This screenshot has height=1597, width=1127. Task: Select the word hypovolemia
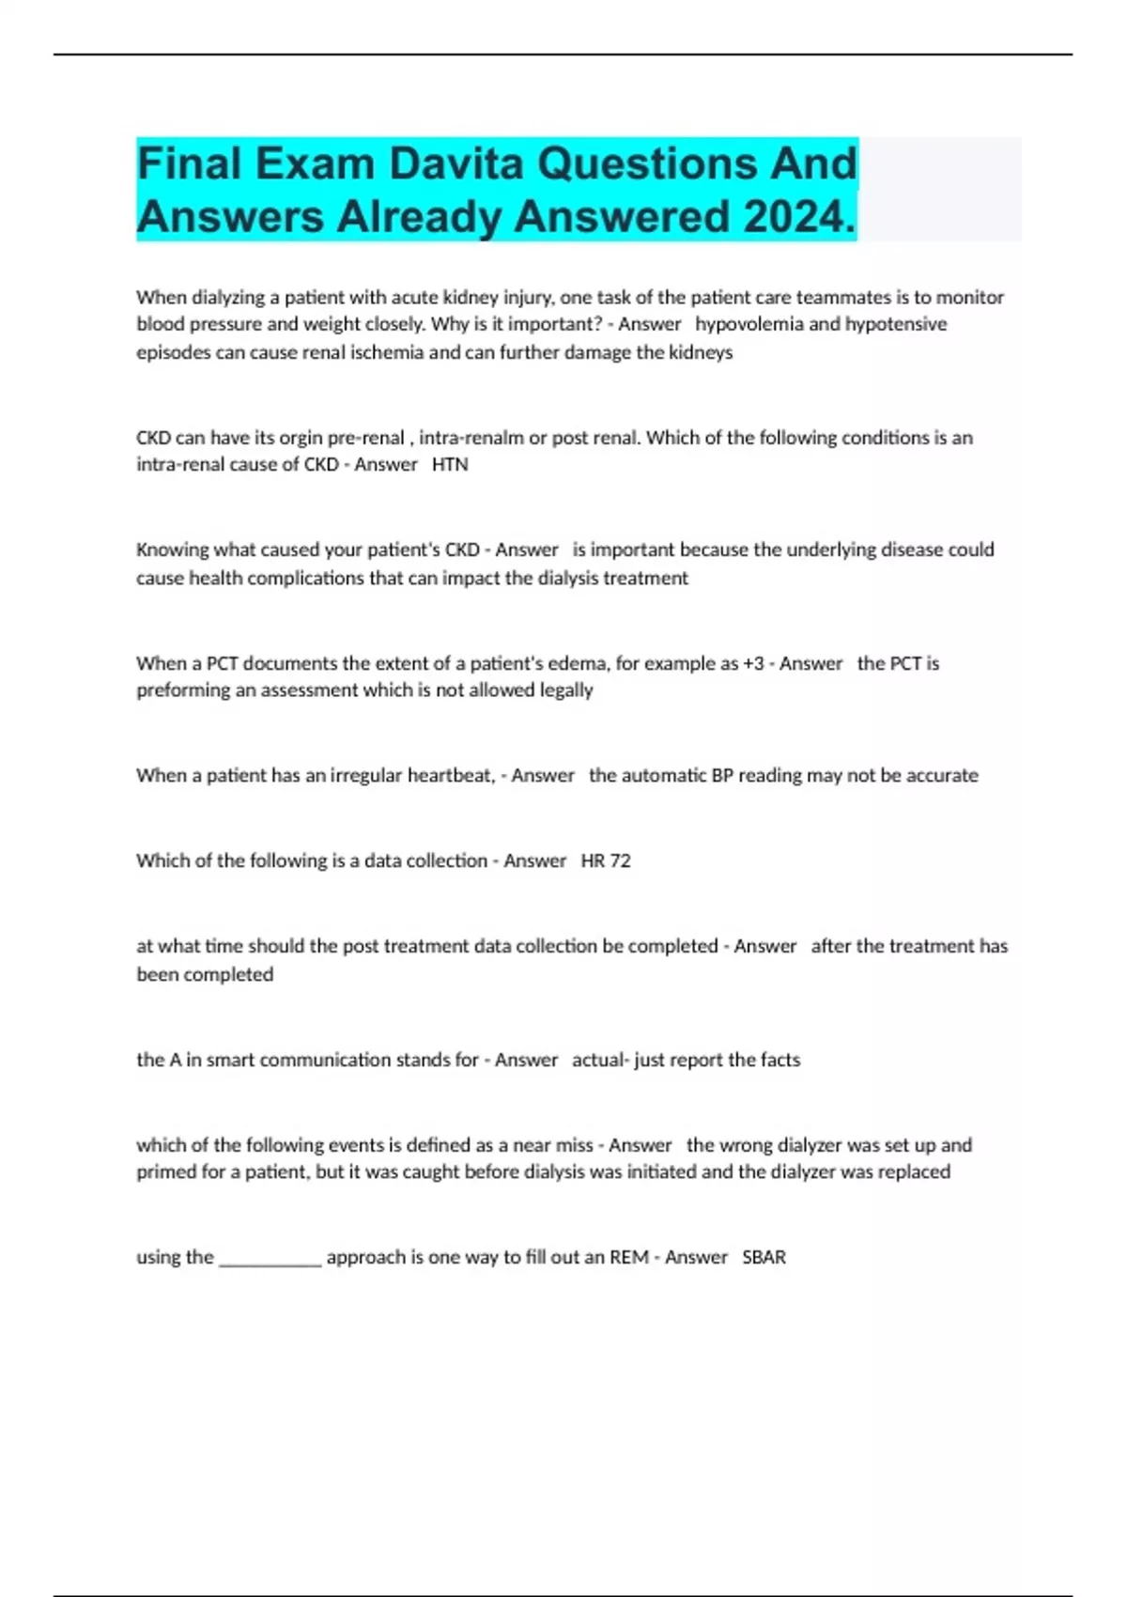click(749, 324)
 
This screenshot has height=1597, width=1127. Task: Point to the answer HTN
click(450, 464)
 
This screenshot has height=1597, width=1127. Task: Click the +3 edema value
click(753, 663)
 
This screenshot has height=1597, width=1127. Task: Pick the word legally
click(566, 690)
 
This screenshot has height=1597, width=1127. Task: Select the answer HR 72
click(606, 861)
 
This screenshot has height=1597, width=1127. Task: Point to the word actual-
click(600, 1060)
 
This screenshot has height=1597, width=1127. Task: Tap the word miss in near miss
click(573, 1145)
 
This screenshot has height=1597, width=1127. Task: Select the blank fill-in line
click(270, 1259)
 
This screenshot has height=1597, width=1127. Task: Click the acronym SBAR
click(764, 1257)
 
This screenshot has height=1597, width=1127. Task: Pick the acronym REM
click(628, 1257)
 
